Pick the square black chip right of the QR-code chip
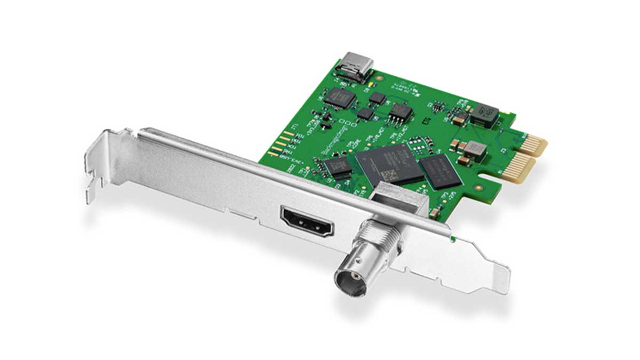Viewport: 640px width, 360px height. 438,172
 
